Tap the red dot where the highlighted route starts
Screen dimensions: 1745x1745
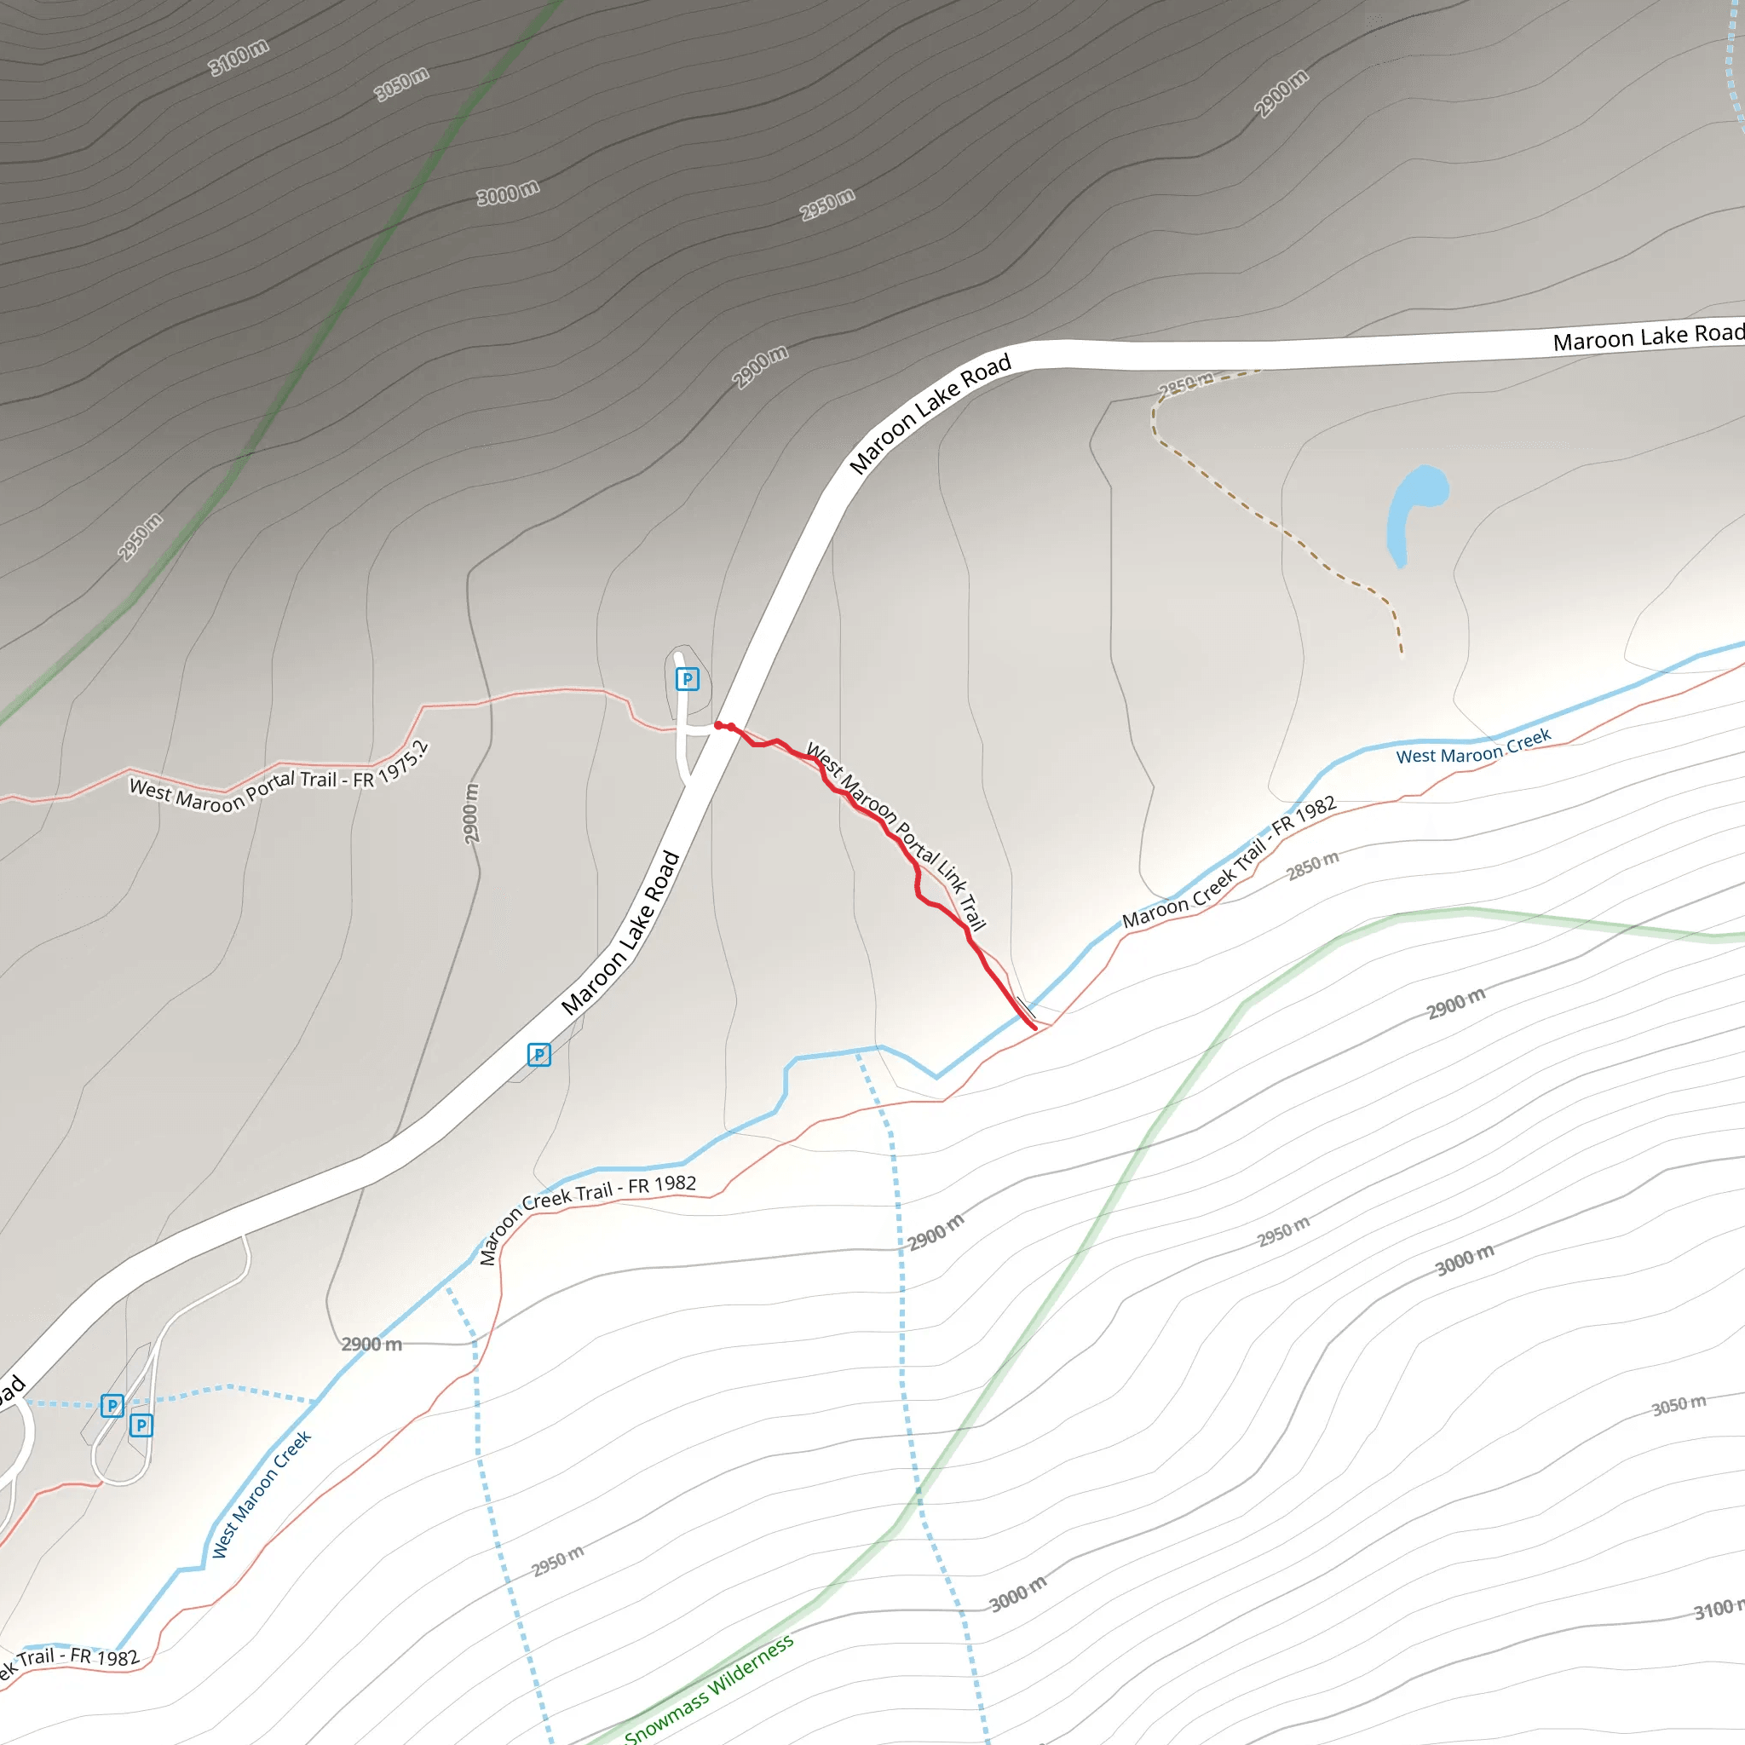click(x=719, y=725)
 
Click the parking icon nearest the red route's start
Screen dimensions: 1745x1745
click(x=688, y=679)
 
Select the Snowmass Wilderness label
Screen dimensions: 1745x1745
click(x=709, y=1690)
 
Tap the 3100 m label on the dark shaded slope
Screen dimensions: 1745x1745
click(x=239, y=58)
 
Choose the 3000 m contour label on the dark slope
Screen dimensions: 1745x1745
click(x=508, y=193)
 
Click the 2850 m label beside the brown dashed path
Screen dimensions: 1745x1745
click(x=1185, y=386)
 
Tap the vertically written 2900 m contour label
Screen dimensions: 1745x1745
click(x=470, y=814)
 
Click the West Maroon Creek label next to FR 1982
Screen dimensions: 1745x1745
click(x=1473, y=747)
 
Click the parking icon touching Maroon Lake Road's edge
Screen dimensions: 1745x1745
click(x=539, y=1054)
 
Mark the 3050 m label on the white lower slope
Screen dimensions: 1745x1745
click(x=1679, y=1405)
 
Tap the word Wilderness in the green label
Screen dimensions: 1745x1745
click(x=751, y=1667)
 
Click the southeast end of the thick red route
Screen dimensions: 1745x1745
click(x=1034, y=1028)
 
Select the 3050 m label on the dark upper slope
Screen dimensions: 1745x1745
click(x=401, y=84)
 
